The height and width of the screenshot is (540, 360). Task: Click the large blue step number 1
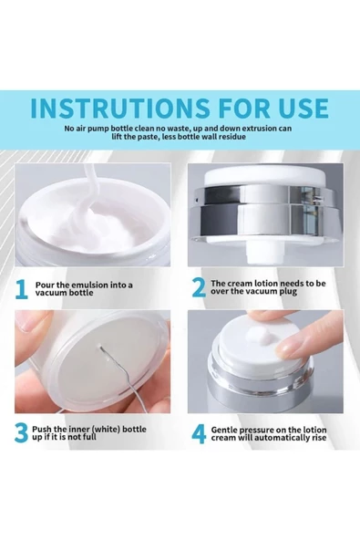(21, 289)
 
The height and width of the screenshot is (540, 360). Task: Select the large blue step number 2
(199, 288)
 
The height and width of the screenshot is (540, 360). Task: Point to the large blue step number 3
(21, 433)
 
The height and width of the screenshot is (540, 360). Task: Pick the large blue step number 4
(199, 434)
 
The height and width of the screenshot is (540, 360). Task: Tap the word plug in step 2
(289, 292)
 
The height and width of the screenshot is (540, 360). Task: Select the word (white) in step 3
(107, 430)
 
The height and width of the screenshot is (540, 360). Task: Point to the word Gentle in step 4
(223, 430)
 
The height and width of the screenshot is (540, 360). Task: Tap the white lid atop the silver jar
(265, 178)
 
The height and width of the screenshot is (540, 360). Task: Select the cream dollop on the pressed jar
(262, 335)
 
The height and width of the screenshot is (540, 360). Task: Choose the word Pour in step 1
(44, 286)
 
